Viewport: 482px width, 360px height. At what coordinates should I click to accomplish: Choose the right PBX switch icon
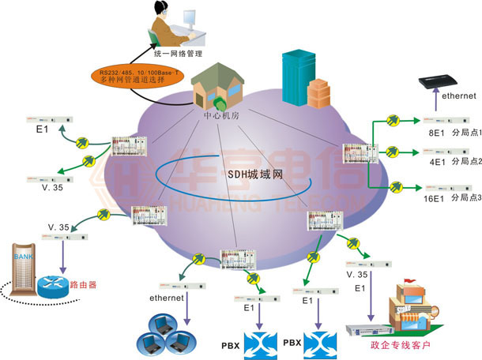tap(320, 343)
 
